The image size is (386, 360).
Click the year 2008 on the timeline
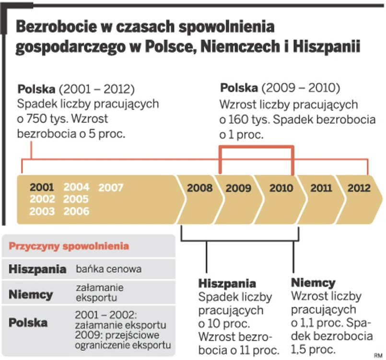(x=200, y=188)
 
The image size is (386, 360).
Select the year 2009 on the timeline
(x=238, y=188)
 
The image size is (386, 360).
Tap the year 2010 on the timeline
(x=281, y=188)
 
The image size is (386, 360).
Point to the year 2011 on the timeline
(x=321, y=188)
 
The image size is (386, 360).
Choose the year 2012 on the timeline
(x=359, y=188)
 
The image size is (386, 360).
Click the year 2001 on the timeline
(x=42, y=187)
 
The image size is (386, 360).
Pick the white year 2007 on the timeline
(x=111, y=187)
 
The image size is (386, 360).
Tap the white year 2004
(x=76, y=187)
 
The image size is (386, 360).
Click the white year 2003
(x=42, y=211)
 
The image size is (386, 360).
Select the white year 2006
(x=76, y=211)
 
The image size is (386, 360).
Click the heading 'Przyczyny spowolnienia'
(x=69, y=246)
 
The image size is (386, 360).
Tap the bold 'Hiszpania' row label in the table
(x=37, y=269)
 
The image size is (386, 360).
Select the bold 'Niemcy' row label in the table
(x=31, y=294)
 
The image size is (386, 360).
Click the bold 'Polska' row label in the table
(x=28, y=323)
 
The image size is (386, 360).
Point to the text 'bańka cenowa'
(x=109, y=269)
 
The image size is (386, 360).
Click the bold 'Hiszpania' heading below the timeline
(x=227, y=283)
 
